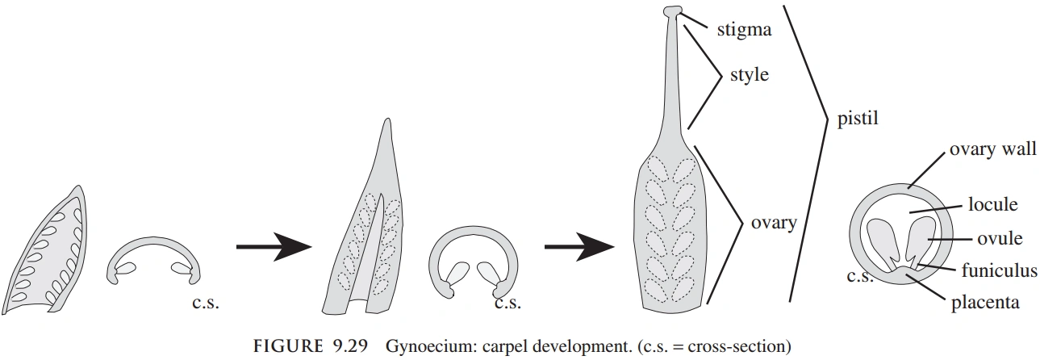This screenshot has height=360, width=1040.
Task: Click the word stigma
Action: (745, 31)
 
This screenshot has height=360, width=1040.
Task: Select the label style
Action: (749, 76)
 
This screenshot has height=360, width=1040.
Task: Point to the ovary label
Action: (773, 222)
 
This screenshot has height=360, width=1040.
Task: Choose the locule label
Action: (992, 204)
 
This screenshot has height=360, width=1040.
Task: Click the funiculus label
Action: (997, 271)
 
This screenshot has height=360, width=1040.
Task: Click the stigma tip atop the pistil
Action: (672, 11)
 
